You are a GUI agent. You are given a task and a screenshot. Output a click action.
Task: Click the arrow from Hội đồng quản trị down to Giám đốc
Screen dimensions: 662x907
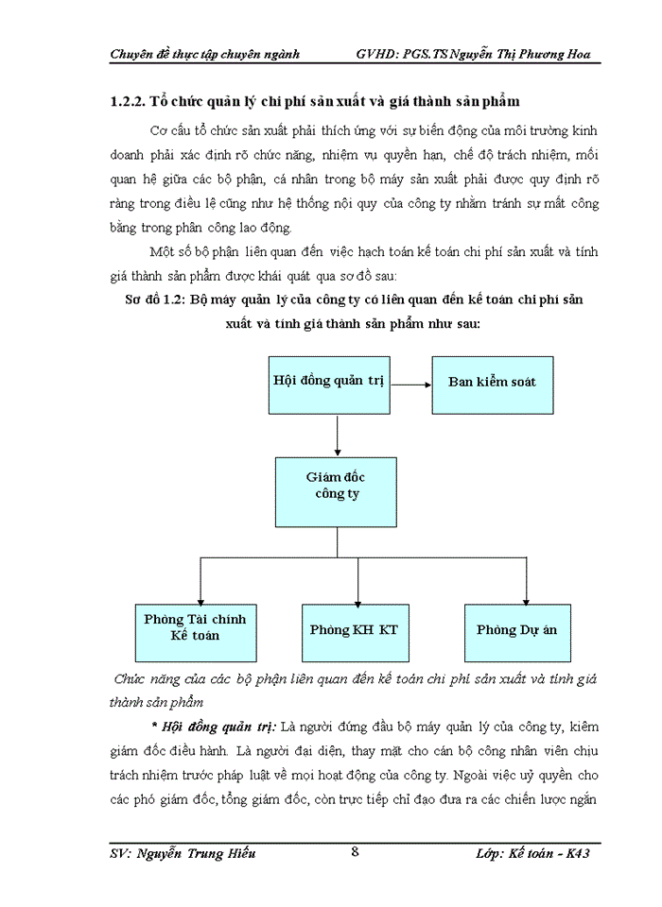[x=338, y=436]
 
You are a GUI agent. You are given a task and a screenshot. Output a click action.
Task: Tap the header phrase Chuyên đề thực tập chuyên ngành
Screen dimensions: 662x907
[x=205, y=54]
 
